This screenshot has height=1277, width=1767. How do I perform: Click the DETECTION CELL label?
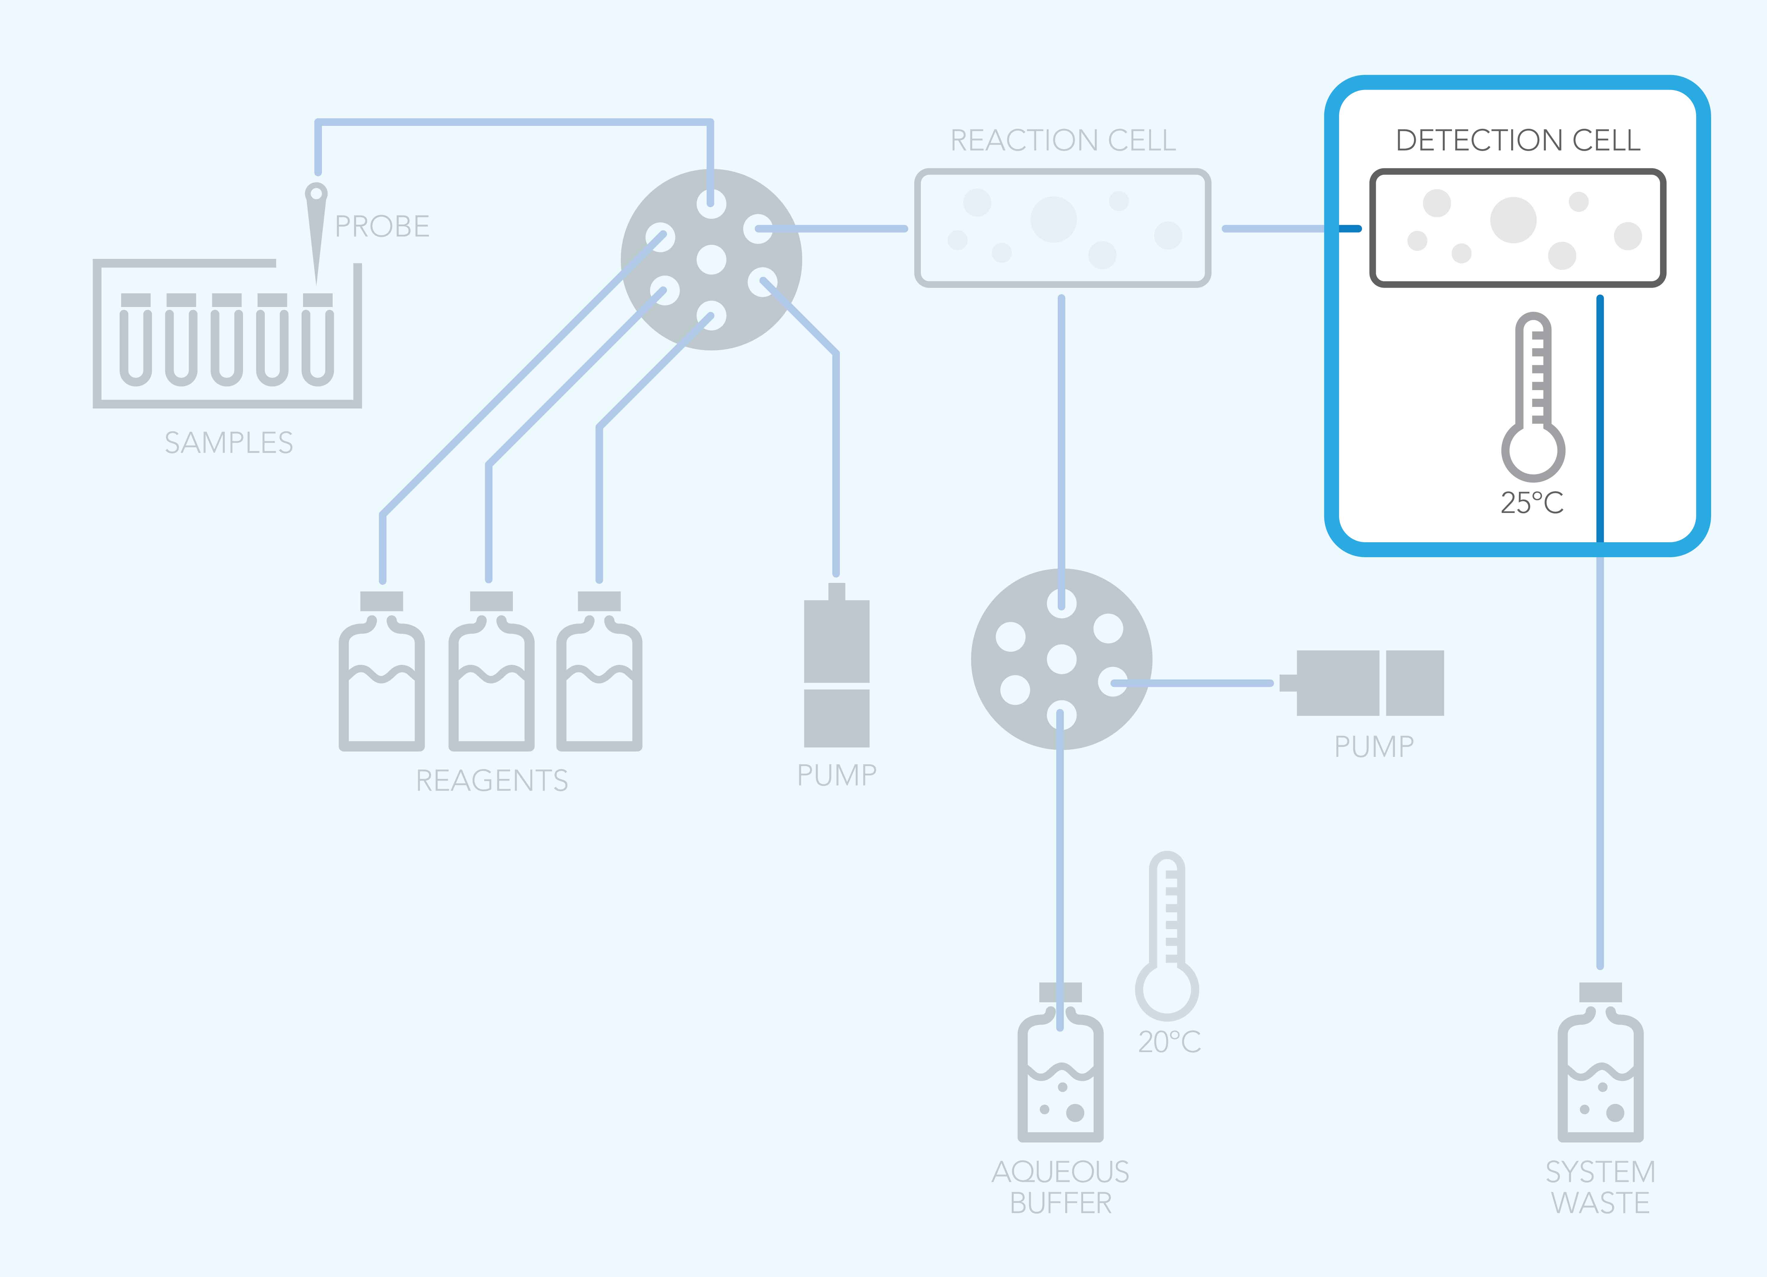1518,140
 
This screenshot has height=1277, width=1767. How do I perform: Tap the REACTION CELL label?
1063,140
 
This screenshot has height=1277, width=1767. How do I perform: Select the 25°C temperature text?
1532,502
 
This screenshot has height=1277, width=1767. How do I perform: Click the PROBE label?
382,227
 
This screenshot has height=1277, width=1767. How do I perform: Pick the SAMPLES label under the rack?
228,442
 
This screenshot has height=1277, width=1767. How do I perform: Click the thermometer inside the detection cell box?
1533,397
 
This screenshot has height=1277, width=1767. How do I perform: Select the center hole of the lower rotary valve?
1061,659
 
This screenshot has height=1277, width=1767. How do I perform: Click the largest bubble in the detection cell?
1513,220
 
